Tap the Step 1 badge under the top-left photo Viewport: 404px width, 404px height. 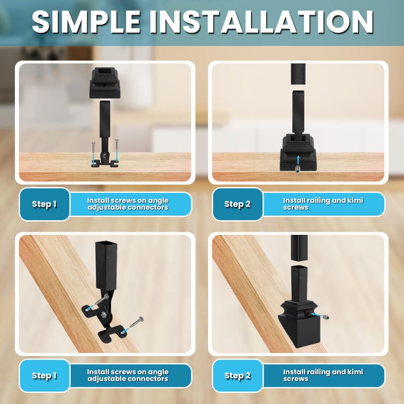pos(44,204)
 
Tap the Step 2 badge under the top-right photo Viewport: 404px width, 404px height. pos(237,204)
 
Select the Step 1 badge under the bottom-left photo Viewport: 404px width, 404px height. pos(44,375)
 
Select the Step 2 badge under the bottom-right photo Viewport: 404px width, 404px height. pos(237,375)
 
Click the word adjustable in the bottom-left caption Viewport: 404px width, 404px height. pos(105,378)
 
